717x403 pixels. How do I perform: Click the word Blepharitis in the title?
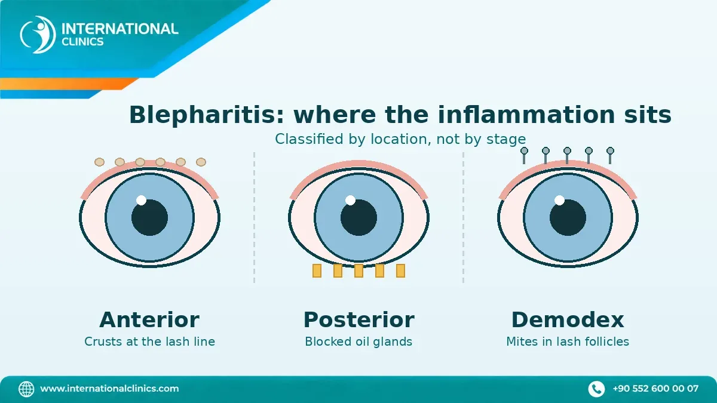(x=207, y=115)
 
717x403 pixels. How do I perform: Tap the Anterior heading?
(x=149, y=319)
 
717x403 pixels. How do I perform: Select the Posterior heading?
(x=359, y=319)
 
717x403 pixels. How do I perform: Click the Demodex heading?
(x=568, y=319)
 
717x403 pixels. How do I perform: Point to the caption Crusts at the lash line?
(x=149, y=342)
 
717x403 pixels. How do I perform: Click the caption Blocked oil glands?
(x=358, y=342)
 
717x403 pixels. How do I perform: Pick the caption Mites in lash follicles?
(x=568, y=342)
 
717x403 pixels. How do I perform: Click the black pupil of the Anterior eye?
(x=149, y=217)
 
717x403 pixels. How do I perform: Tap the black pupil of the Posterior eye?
(x=359, y=217)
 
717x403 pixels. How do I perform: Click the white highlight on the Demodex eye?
(x=559, y=200)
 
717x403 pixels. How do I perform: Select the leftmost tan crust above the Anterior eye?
(x=100, y=162)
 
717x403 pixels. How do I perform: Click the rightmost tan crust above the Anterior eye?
(x=201, y=162)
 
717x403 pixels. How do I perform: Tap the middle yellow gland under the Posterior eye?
(x=359, y=270)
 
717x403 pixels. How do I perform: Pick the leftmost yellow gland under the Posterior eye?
(x=317, y=270)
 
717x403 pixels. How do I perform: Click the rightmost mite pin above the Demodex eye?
(x=611, y=155)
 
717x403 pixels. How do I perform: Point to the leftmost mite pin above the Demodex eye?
(x=524, y=155)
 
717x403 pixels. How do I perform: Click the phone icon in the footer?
(x=596, y=389)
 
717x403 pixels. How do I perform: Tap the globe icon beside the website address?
(x=26, y=389)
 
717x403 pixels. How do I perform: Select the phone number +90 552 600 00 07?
(x=655, y=389)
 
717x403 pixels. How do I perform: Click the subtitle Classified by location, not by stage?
(x=400, y=139)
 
